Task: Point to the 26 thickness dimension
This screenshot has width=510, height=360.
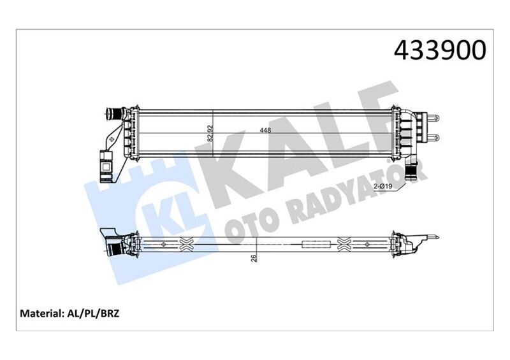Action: pyautogui.click(x=254, y=258)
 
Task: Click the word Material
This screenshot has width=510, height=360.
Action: pyautogui.click(x=41, y=313)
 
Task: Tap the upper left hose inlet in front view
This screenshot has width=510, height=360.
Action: pyautogui.click(x=113, y=115)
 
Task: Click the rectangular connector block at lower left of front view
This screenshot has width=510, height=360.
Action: pyautogui.click(x=105, y=162)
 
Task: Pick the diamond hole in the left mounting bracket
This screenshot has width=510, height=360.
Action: pyautogui.click(x=114, y=137)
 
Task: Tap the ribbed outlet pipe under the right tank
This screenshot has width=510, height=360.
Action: pyautogui.click(x=411, y=170)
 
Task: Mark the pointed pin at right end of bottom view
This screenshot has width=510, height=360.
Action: pyautogui.click(x=433, y=239)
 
